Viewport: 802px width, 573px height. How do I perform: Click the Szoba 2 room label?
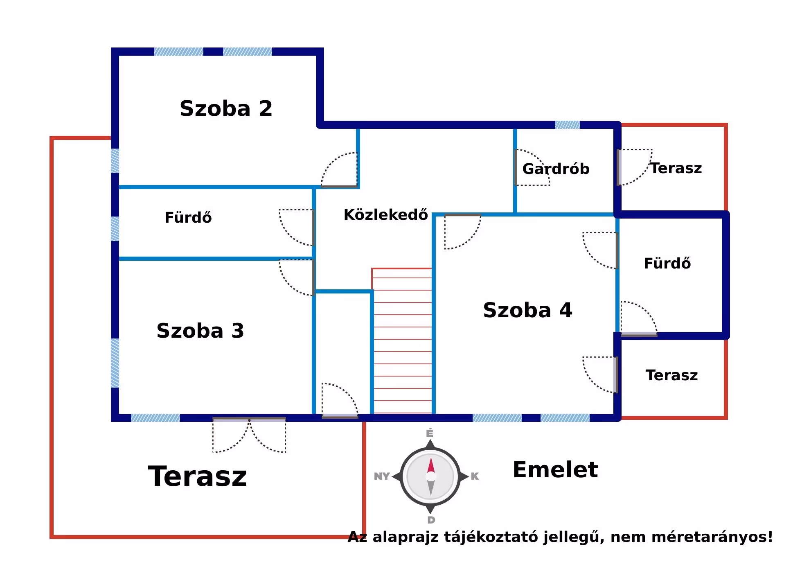tap(226, 109)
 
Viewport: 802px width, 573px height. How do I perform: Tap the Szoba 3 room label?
tap(200, 331)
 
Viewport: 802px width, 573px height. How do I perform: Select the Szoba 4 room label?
tap(527, 310)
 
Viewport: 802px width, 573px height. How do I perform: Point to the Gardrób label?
tap(556, 169)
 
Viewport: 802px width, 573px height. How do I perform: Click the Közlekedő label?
tap(385, 215)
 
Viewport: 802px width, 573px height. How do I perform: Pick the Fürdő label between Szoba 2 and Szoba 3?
tap(188, 218)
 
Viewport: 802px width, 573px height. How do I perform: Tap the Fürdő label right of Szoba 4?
tap(667, 264)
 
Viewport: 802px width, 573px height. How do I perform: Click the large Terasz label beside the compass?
tap(198, 477)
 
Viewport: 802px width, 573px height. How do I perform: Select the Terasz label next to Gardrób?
tap(676, 168)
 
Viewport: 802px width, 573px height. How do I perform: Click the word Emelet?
tap(555, 470)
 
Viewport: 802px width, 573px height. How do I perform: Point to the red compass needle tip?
tap(431, 461)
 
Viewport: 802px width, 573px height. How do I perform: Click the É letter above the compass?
tap(430, 433)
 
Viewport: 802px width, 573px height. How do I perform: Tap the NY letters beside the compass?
tap(381, 476)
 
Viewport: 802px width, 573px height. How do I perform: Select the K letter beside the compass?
tap(475, 476)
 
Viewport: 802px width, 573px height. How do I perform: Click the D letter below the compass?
tap(431, 520)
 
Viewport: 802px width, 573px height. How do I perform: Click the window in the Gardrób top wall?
tap(567, 125)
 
